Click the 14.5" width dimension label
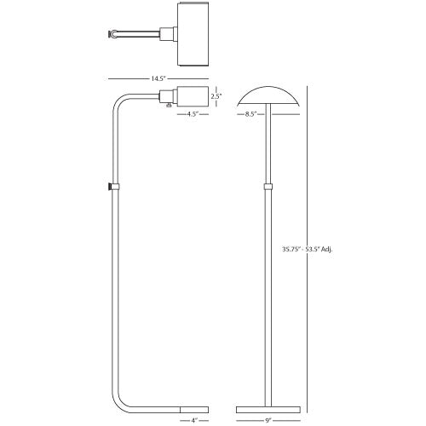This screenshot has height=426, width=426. (x=158, y=78)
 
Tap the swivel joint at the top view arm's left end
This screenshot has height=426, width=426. (x=112, y=35)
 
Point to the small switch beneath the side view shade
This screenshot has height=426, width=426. (x=170, y=106)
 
